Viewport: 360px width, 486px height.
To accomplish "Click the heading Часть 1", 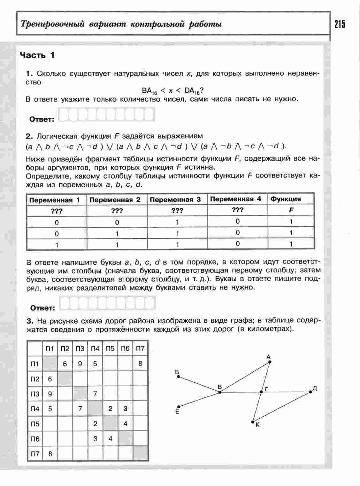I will click(x=37, y=55).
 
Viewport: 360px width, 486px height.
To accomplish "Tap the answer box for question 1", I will click(x=107, y=114).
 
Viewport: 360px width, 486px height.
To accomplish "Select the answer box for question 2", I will click(x=107, y=303).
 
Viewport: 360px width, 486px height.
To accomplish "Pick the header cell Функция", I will click(x=286, y=199).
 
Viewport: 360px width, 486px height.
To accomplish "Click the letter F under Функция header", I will click(x=291, y=210).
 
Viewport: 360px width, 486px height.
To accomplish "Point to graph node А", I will click(x=270, y=362).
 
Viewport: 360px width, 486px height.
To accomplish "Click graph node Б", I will click(x=179, y=377).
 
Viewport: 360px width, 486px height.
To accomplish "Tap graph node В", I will click(x=220, y=392).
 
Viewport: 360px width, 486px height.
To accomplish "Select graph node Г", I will click(x=261, y=391).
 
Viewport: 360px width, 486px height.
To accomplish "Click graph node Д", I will click(x=310, y=391).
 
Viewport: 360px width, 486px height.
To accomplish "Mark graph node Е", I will click(x=179, y=407).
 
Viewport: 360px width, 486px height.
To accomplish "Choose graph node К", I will click(x=253, y=422).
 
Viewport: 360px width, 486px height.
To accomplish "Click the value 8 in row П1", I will click(x=140, y=364).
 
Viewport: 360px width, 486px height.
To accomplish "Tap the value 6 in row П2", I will click(x=50, y=379).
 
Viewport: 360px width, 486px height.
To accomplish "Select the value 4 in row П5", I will click(x=126, y=424).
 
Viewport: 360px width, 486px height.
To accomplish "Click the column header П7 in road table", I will click(x=140, y=349).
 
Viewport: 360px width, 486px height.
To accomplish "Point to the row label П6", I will click(x=35, y=439).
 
